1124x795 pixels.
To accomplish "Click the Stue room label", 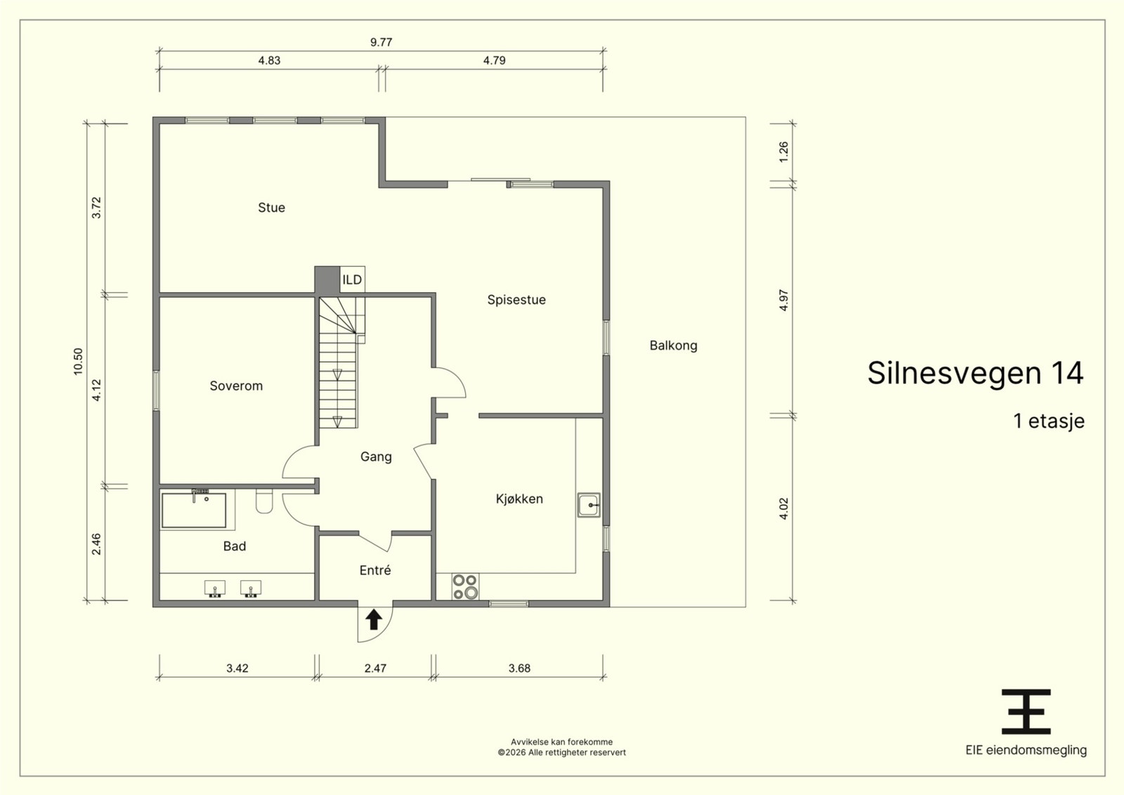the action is (x=271, y=208).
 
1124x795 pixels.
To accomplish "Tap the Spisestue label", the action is (x=516, y=300).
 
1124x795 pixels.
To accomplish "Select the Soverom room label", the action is (x=236, y=386).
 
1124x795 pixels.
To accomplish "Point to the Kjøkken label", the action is (x=519, y=499).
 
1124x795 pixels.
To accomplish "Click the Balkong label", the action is (x=674, y=346).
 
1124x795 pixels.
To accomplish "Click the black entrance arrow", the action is (x=373, y=619).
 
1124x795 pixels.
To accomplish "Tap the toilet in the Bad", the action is (x=264, y=501).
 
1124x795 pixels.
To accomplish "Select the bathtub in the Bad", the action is (x=194, y=510).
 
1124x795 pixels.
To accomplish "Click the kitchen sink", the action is (x=589, y=504).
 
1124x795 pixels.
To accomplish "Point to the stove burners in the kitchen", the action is (x=464, y=587).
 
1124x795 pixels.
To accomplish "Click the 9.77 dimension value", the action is (x=381, y=42).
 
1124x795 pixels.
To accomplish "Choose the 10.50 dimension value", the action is (x=78, y=362).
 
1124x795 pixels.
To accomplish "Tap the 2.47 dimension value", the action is (x=375, y=668).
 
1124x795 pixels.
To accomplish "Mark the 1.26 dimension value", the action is (x=784, y=152).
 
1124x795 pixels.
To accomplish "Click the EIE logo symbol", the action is (x=1026, y=711).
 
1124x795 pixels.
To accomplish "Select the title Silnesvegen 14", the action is (x=976, y=373).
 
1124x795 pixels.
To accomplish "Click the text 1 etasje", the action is (x=1049, y=421).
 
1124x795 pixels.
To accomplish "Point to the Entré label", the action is (x=375, y=570).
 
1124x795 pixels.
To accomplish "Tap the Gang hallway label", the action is (x=376, y=457).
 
